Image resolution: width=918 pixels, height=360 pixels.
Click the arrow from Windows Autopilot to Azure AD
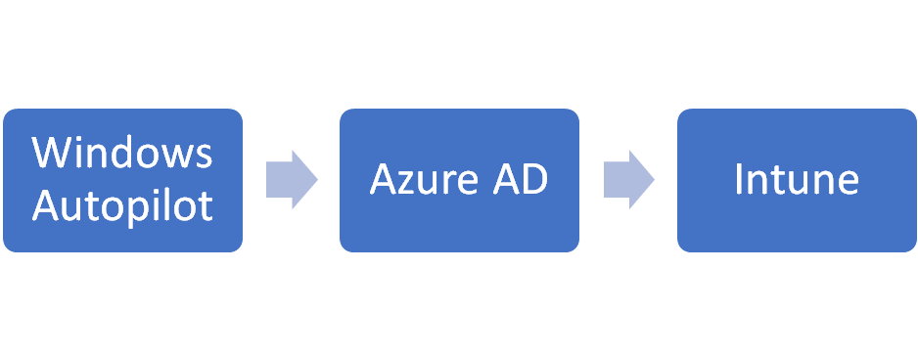292,180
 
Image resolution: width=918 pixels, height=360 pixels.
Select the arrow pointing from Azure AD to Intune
628,180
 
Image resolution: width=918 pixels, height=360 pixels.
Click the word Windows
122,154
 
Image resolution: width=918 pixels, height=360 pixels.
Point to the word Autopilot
122,206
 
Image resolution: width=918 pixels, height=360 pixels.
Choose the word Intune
797,180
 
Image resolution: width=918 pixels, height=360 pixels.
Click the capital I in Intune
739,180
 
